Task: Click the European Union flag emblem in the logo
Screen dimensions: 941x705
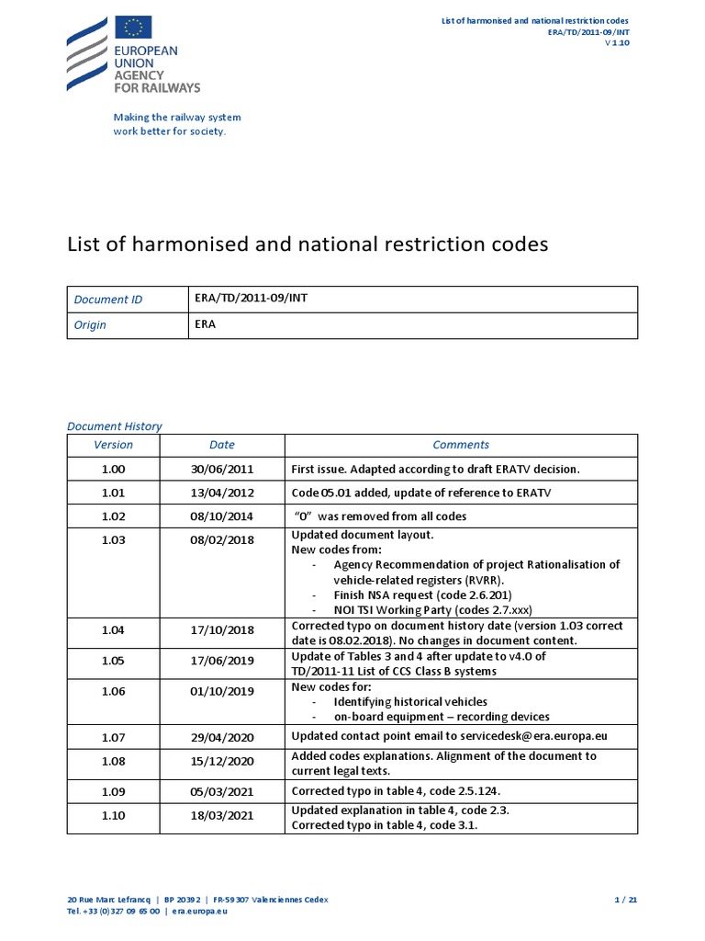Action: pos(134,29)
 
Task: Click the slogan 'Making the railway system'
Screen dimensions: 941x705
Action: pos(177,117)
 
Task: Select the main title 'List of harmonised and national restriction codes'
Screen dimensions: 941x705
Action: pos(308,244)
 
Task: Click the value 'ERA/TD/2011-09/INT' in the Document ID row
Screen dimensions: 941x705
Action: pos(246,298)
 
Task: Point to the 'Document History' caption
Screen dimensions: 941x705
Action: pos(115,425)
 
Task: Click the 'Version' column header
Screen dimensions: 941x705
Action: pos(113,445)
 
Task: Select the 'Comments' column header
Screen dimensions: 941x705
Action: pos(460,445)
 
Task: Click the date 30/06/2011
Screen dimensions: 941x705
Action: pos(221,469)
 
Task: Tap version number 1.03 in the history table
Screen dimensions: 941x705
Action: pos(113,540)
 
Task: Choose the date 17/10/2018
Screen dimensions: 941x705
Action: pos(221,630)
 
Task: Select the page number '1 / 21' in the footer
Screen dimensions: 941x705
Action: pos(624,900)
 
